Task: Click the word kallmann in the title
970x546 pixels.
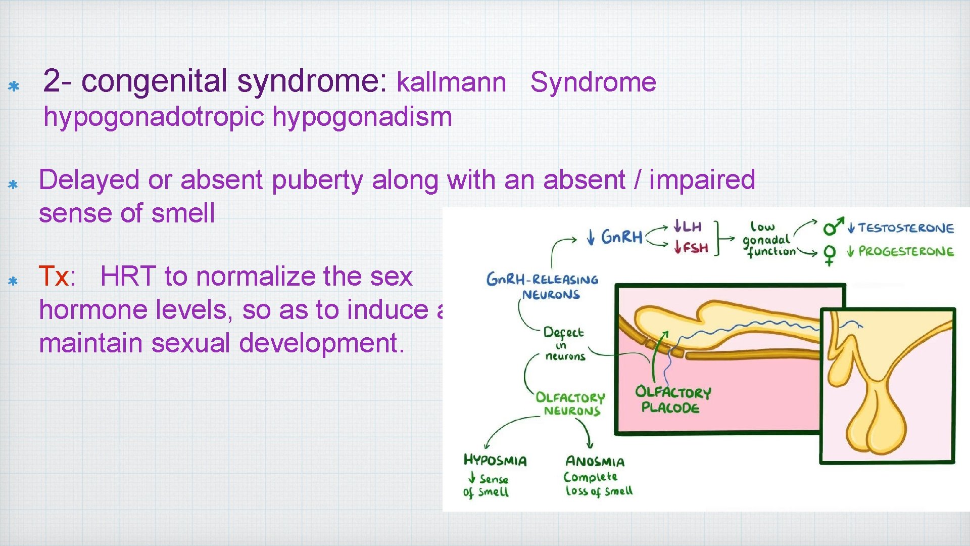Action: pos(451,82)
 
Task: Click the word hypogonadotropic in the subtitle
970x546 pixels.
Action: pos(154,117)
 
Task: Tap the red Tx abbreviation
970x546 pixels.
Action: pos(54,277)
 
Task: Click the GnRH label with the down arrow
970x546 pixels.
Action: pos(615,237)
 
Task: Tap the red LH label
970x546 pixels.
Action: pos(688,226)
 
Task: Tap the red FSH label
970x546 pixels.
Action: pos(692,248)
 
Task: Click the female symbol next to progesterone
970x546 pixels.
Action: pos(829,254)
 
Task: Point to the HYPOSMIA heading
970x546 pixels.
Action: pos(495,460)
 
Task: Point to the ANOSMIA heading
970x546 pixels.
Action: pos(595,462)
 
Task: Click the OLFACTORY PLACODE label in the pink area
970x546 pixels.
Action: pos(672,399)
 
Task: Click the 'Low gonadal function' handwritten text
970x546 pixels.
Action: pos(768,239)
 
